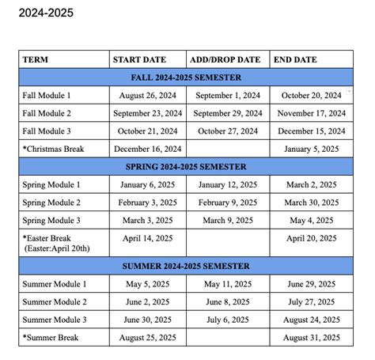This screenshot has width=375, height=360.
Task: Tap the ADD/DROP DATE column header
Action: [225, 59]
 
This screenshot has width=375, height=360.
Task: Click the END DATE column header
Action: [294, 59]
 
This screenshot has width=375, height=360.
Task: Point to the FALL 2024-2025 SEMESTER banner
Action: [186, 78]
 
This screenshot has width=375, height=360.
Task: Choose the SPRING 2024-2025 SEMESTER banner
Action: [186, 167]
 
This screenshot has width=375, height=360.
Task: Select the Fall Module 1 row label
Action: [52, 96]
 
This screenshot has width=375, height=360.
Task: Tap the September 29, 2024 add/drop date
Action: [228, 113]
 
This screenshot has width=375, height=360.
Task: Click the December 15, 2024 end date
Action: [311, 131]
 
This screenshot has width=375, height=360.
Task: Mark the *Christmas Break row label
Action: [54, 149]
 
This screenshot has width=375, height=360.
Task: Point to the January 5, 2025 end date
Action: [311, 149]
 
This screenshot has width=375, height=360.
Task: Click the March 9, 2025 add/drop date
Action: [228, 221]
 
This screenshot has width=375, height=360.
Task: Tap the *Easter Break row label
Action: [49, 238]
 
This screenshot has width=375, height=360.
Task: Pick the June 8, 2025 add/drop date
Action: [228, 302]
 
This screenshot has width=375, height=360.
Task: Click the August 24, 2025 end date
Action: [311, 320]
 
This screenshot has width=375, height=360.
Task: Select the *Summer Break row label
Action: [51, 338]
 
